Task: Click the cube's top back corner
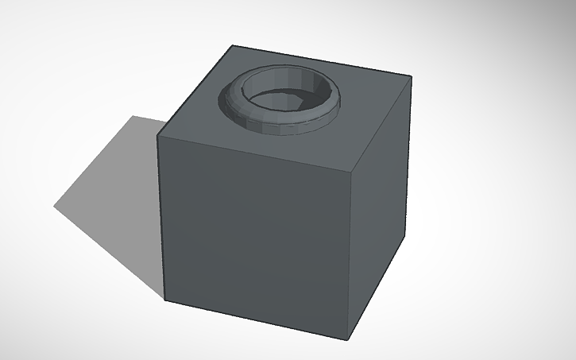pyautogui.click(x=231, y=46)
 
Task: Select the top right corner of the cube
pyautogui.click(x=411, y=77)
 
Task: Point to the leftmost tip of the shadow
pyautogui.click(x=55, y=207)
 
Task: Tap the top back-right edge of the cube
pyautogui.click(x=322, y=62)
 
